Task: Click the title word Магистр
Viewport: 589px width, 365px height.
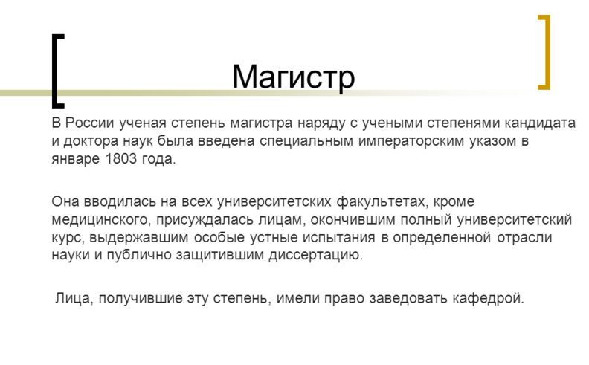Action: point(294,77)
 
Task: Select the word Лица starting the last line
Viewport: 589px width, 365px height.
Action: point(74,299)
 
